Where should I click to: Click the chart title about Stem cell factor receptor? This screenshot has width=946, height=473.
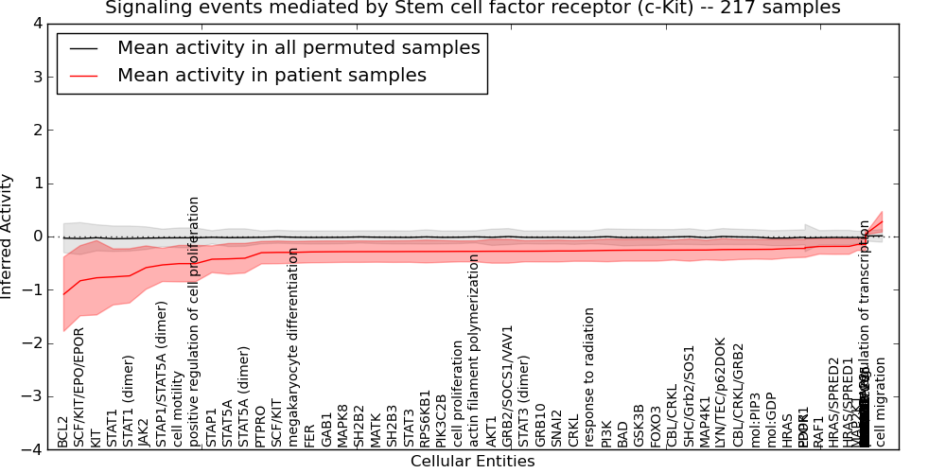[x=472, y=9]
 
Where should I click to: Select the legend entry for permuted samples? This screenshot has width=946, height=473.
[x=298, y=47]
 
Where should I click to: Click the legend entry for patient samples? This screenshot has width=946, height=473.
[x=272, y=76]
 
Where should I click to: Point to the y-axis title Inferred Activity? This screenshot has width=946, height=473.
[x=9, y=236]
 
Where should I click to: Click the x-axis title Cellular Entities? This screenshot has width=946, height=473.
[x=472, y=462]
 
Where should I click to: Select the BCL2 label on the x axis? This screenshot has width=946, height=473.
[x=63, y=431]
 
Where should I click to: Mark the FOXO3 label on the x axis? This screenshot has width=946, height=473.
[x=656, y=426]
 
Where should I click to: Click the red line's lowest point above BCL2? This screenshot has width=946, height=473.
[x=64, y=294]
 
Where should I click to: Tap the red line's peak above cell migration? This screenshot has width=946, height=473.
[x=882, y=222]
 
